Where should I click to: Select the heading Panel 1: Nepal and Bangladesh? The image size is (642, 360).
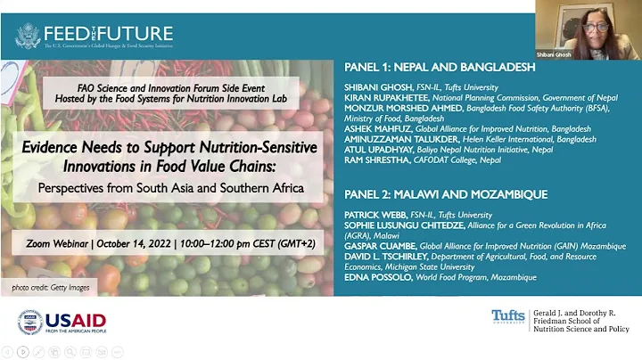click(x=439, y=67)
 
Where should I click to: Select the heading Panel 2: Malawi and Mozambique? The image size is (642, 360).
click(x=445, y=193)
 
